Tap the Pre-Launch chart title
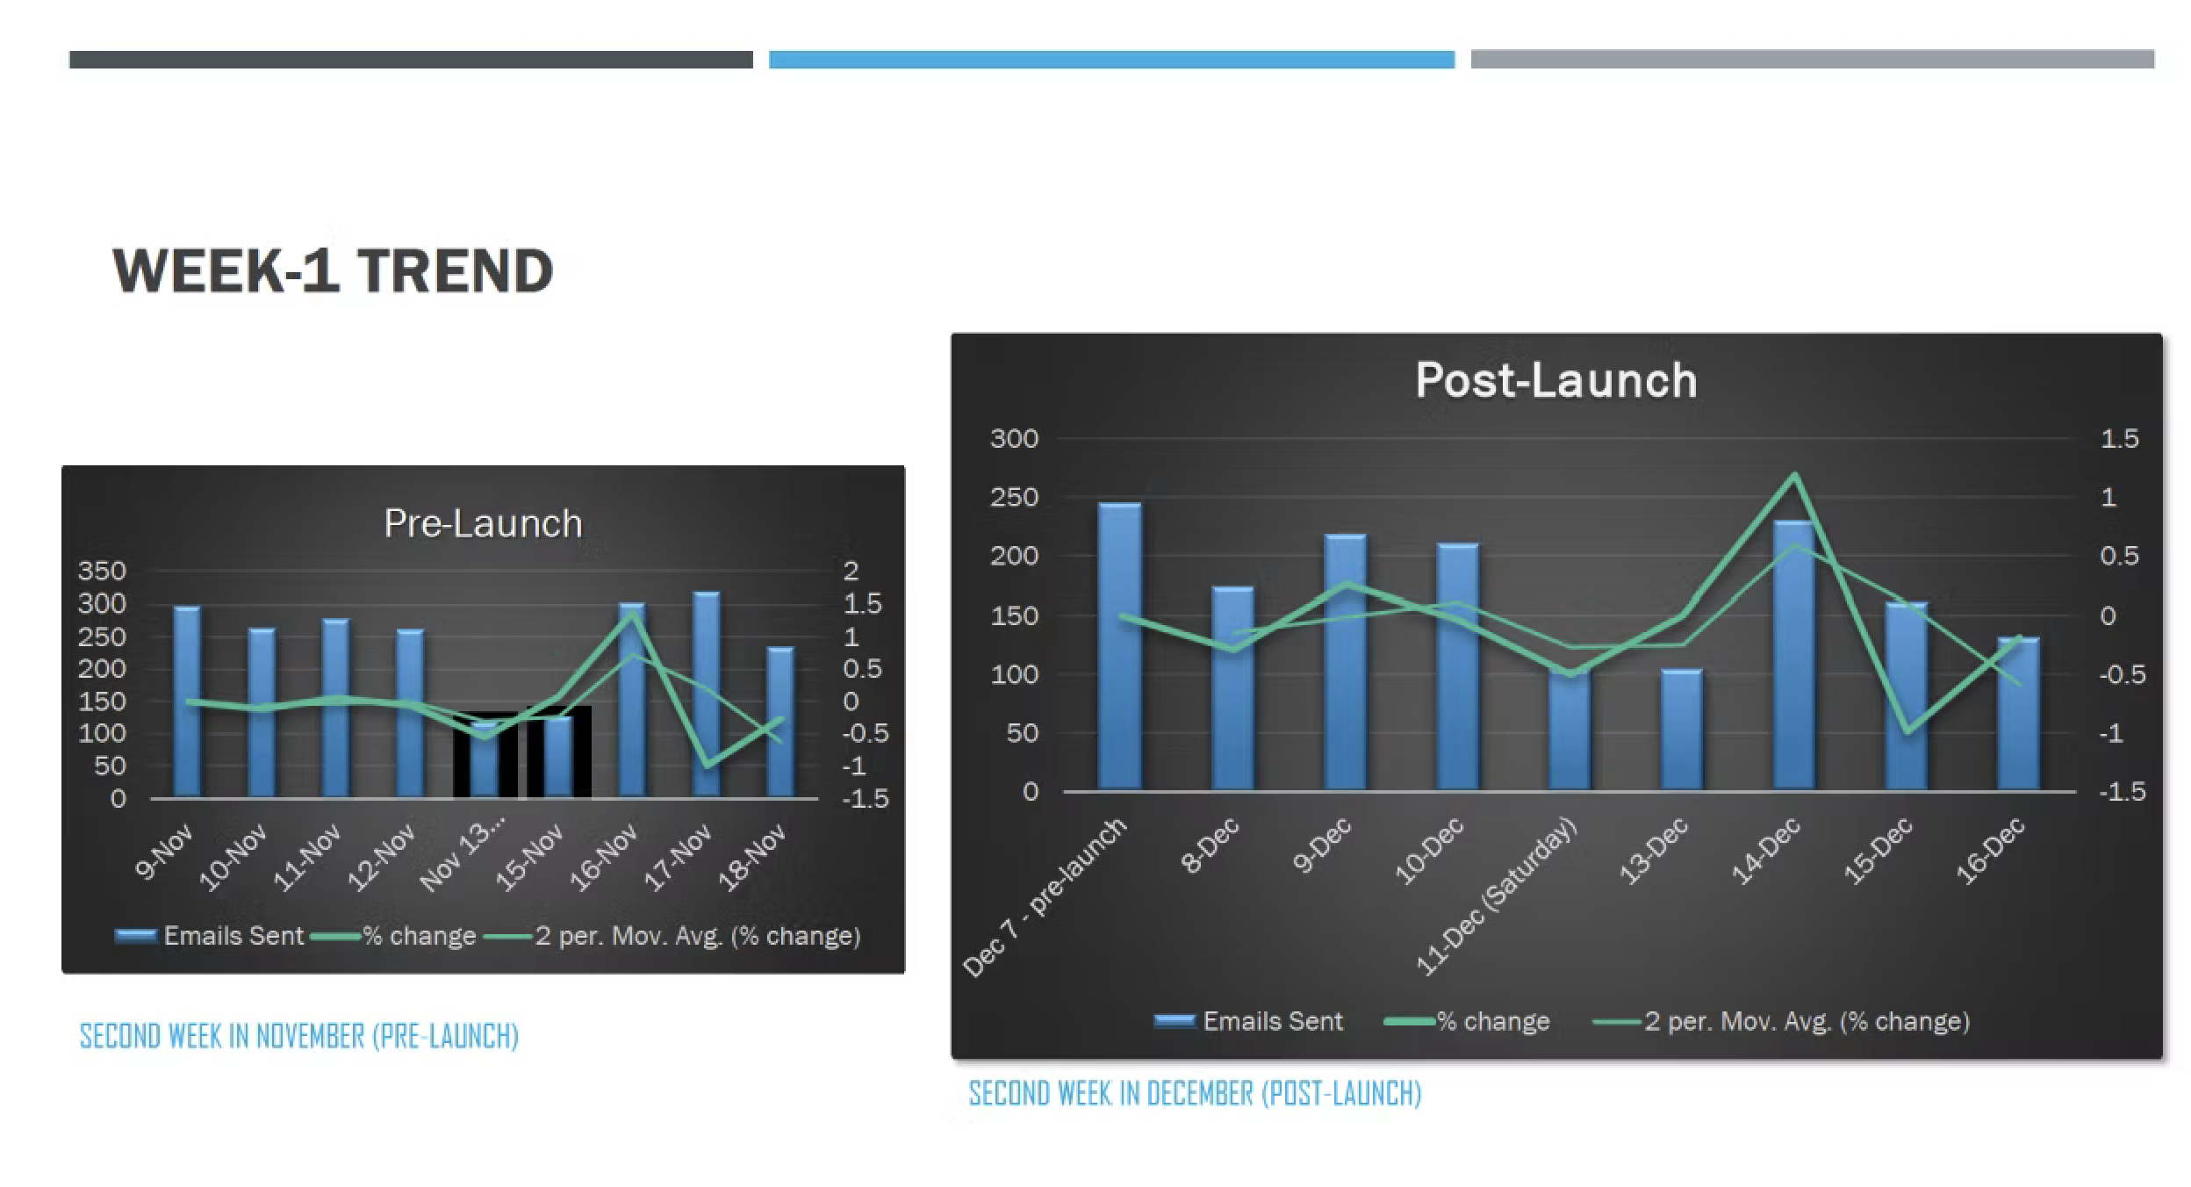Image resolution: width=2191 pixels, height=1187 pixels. tap(483, 523)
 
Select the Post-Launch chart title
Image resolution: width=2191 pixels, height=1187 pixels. tap(1555, 380)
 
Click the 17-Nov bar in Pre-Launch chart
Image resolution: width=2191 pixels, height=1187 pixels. tap(706, 694)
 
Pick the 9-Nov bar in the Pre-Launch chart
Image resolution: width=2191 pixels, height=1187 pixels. tap(186, 702)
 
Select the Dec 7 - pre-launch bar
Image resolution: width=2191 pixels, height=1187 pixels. tap(1119, 646)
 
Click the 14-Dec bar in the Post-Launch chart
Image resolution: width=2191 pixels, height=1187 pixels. tap(1794, 655)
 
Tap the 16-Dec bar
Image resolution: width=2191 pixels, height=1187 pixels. tap(2018, 713)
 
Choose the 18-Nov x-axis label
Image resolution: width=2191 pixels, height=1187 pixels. tap(752, 859)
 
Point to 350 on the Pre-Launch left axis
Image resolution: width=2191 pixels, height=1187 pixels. tap(102, 572)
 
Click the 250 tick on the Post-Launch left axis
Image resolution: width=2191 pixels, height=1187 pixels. tap(1014, 498)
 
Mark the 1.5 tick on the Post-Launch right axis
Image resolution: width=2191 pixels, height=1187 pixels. tap(2118, 439)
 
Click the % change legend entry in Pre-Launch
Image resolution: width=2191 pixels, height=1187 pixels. tap(393, 936)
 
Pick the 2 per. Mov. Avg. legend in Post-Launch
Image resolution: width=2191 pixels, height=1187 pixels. tap(1782, 1021)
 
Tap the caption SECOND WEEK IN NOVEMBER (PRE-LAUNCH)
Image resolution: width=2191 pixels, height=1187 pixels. tap(299, 1036)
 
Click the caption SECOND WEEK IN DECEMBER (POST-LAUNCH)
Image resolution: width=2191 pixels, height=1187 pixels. tap(1195, 1093)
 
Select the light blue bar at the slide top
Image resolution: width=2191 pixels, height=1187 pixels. tap(1111, 60)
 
